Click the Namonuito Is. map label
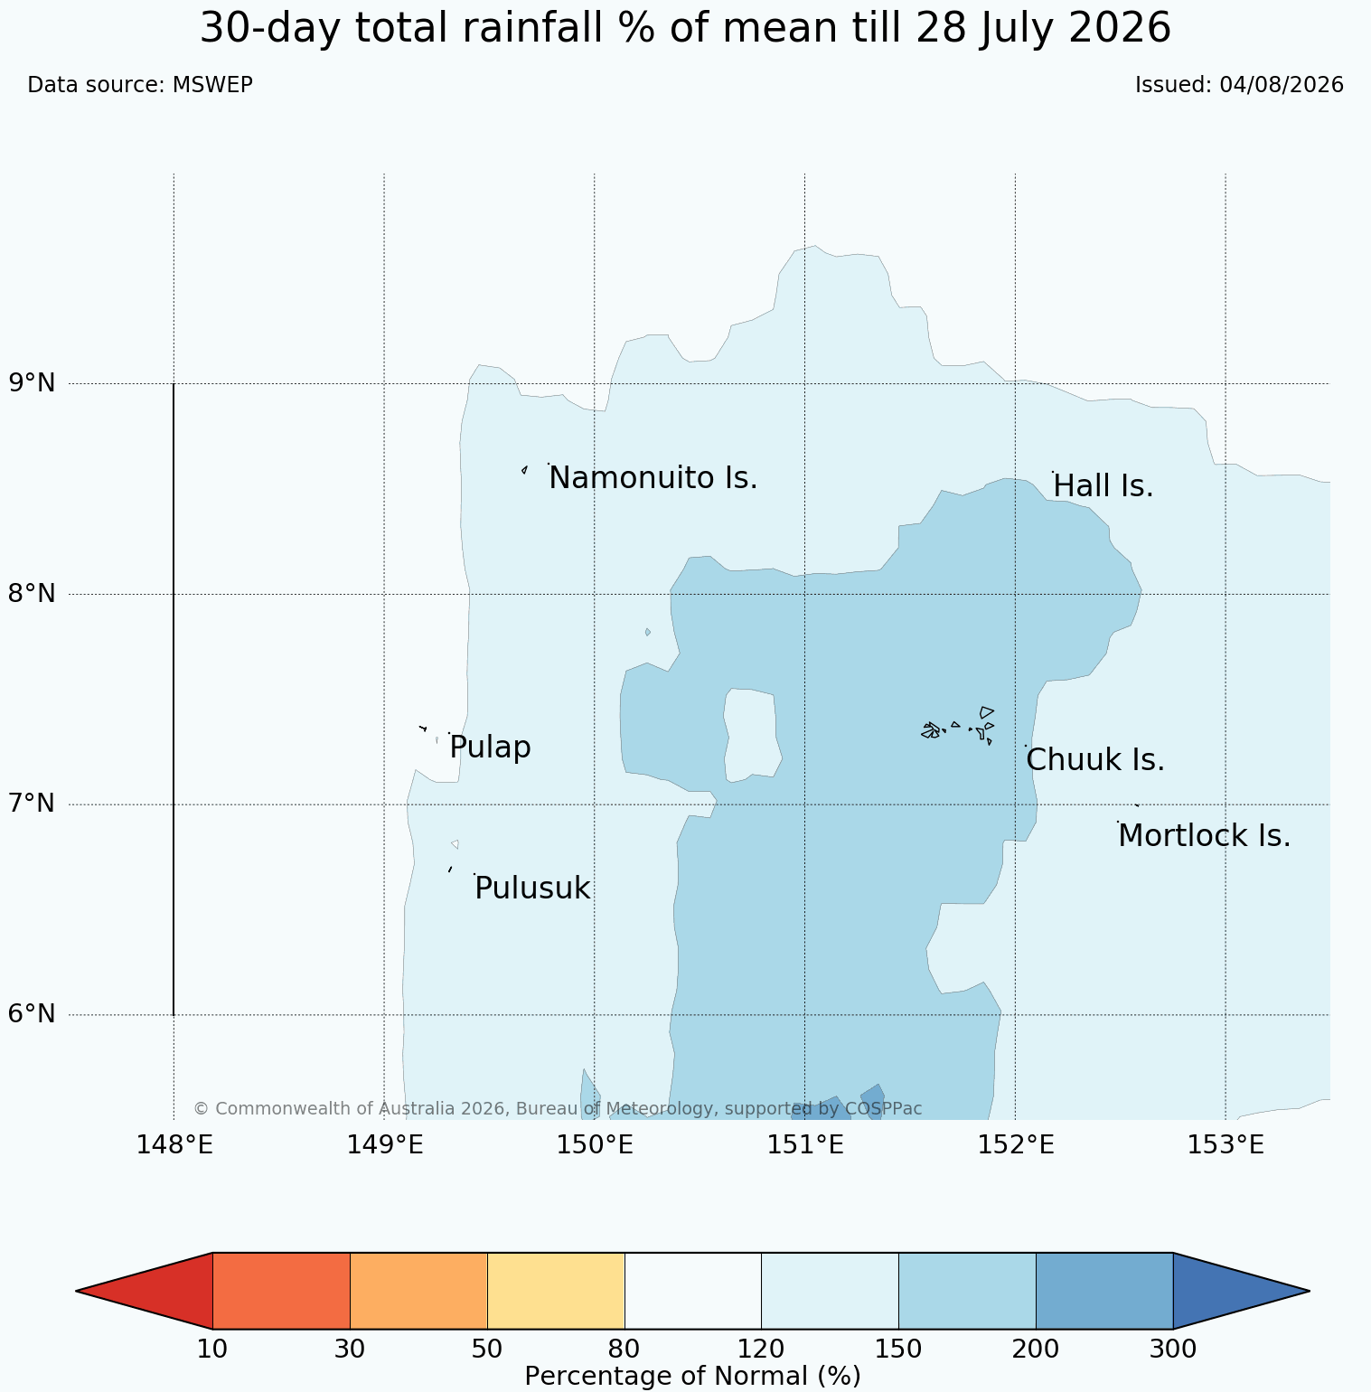653,478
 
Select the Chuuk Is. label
1095,760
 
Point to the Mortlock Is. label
1204,836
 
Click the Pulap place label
490,748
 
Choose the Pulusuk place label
532,889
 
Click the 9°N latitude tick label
33,383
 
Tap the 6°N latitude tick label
33,1014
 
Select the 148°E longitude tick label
174,1145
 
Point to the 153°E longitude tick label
1225,1145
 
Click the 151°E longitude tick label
805,1145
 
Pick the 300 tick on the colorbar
1173,1350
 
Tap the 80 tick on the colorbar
624,1350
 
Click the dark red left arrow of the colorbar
145,1291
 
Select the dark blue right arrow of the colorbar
1241,1291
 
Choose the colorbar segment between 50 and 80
556,1291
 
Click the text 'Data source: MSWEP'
140,85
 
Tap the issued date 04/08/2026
1282,85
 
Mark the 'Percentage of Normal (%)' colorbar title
692,1377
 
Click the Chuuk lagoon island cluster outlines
958,727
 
